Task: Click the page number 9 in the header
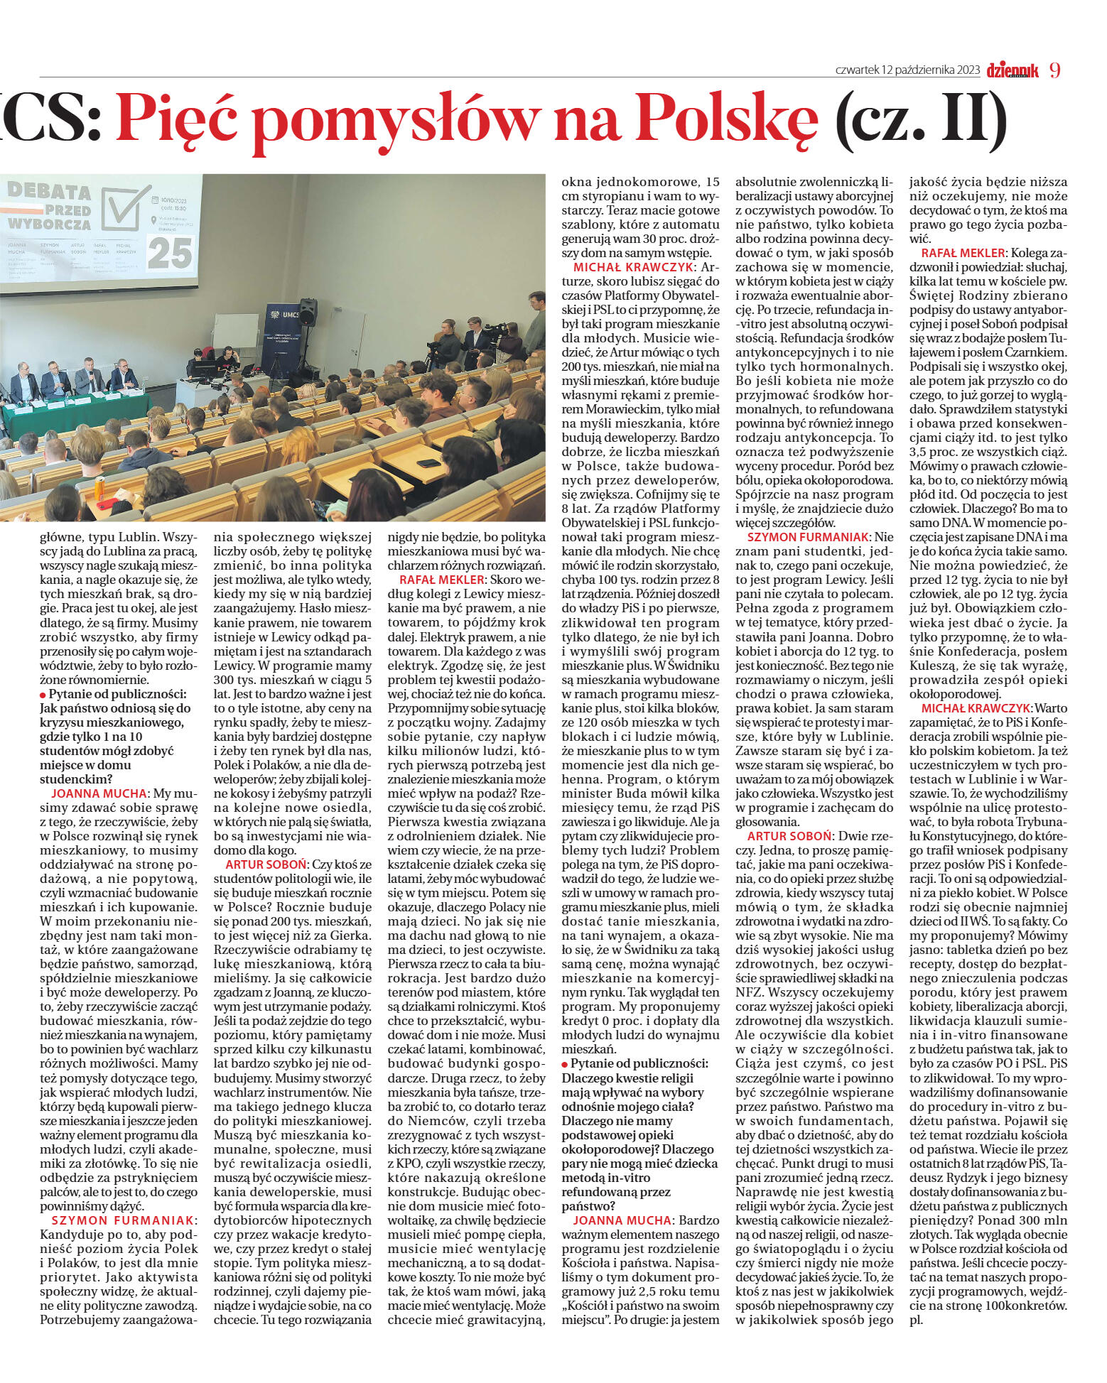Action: [x=1054, y=70]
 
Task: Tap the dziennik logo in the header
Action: [x=1012, y=70]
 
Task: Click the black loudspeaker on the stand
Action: [x=308, y=313]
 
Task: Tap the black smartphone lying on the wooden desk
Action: [x=428, y=463]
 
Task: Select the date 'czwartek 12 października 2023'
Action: [x=907, y=70]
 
